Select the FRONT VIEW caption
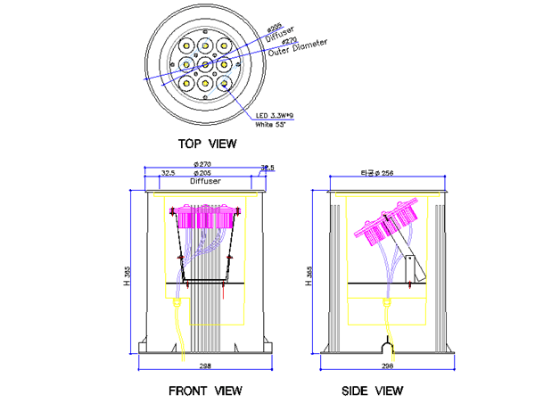pos(205,391)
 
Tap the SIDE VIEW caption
pos(373,391)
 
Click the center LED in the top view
pos(205,64)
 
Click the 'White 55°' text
pos(274,125)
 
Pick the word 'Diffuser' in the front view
pos(204,181)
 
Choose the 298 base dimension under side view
pos(387,366)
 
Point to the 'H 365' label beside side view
pos(309,276)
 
